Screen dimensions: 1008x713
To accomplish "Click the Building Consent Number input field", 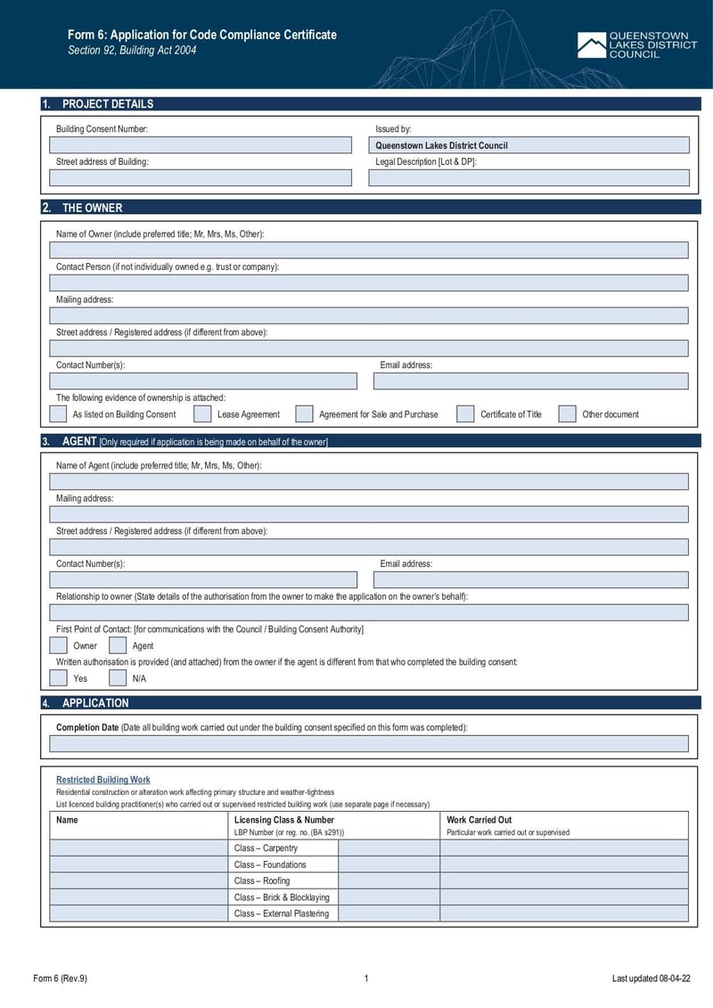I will coord(201,145).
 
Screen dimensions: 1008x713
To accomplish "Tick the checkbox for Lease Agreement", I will coord(202,414).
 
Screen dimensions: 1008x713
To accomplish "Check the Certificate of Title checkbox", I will coord(465,414).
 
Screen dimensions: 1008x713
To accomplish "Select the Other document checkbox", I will coord(568,414).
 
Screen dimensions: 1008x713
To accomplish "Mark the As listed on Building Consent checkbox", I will coord(58,414).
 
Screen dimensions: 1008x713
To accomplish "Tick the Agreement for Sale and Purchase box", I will coord(304,414).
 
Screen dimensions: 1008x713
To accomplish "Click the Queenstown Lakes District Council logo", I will coord(636,45).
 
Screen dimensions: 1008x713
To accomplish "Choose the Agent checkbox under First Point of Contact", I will coord(118,645).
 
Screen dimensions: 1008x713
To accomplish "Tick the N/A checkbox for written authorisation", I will coord(118,677).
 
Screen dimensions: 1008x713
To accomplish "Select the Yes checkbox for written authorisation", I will coord(58,677).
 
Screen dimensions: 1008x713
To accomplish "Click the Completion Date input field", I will coord(368,744).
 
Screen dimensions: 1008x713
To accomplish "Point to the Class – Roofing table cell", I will coord(283,881).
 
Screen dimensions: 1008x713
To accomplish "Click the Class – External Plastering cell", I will coord(283,914).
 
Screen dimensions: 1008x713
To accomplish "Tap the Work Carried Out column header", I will coord(479,820).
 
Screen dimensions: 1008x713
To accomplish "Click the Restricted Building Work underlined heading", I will coord(103,780).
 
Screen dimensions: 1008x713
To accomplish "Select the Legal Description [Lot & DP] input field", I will coord(529,178).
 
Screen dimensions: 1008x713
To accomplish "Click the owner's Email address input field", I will coord(530,381).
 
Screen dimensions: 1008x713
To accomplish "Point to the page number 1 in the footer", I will coord(366,979).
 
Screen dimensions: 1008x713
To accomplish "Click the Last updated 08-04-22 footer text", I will coord(651,979).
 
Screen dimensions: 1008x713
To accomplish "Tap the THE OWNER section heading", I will coord(92,208).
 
